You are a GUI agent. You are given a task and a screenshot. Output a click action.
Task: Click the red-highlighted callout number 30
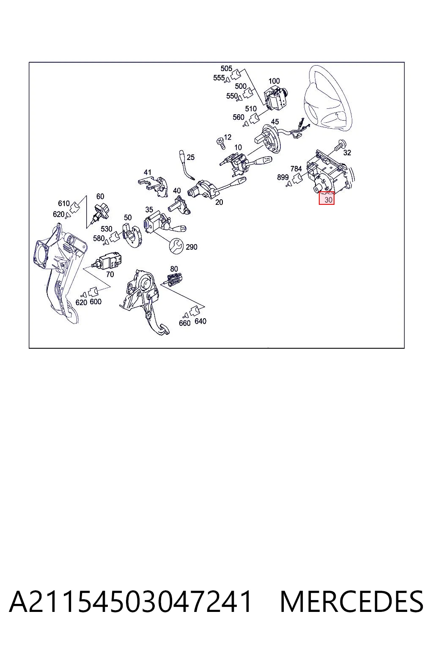[x=328, y=200]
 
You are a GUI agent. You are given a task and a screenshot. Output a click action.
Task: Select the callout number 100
[x=274, y=81]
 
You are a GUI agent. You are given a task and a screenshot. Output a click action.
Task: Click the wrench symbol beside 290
[x=176, y=246]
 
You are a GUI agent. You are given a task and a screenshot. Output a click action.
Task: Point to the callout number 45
[x=275, y=122]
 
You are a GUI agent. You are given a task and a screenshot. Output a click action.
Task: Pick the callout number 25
[x=190, y=157]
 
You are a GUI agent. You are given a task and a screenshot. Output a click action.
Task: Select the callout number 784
[x=296, y=168]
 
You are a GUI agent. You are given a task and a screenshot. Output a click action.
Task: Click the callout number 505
[x=226, y=69]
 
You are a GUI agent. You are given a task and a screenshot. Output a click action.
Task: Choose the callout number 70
[x=110, y=274]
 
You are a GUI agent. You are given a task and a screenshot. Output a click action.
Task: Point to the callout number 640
[x=200, y=321]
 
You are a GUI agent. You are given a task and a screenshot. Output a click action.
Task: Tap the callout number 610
[x=64, y=204]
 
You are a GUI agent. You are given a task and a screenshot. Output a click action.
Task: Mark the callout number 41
[x=148, y=172]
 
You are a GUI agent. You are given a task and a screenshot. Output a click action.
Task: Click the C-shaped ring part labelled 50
[x=132, y=234]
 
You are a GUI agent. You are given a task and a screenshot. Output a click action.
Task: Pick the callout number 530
[x=107, y=229]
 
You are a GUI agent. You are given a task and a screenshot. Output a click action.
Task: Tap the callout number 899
[x=283, y=177]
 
